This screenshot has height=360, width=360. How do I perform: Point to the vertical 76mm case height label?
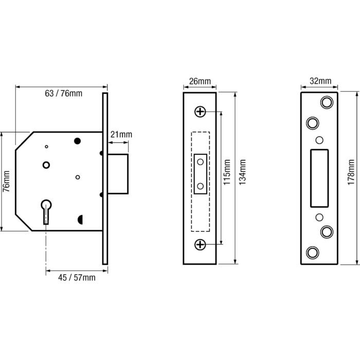(x=7, y=181)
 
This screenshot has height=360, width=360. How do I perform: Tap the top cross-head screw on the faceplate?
(x=200, y=112)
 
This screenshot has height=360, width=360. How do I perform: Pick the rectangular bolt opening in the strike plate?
(x=319, y=176)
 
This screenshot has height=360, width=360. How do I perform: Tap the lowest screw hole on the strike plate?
(x=312, y=252)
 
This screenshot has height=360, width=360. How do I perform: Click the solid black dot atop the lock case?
(x=78, y=140)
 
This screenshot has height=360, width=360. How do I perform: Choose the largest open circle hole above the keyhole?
(x=46, y=165)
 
